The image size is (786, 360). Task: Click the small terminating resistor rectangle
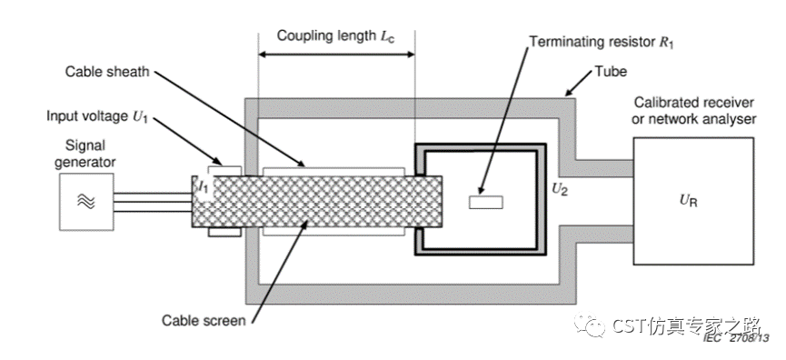pos(485,202)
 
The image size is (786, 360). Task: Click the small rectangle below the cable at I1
pos(224,232)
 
